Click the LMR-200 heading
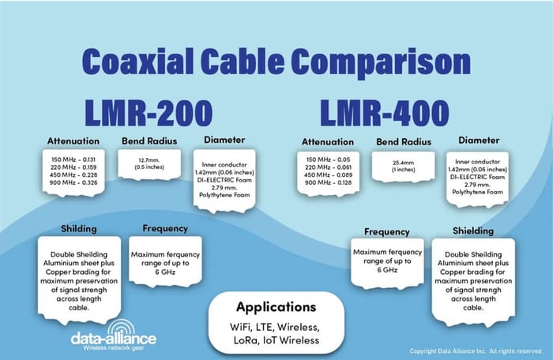pos(149,113)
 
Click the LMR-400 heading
pos(385,113)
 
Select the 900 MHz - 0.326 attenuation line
pos(73,182)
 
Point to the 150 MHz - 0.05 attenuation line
pos(328,159)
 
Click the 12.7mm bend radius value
pos(149,160)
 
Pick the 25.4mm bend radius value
pos(404,163)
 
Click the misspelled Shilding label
pos(79,228)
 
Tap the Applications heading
pos(276,307)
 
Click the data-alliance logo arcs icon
pos(122,327)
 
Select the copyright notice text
pos(476,351)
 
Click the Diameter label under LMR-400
pos(479,141)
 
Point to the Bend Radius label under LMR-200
pos(149,141)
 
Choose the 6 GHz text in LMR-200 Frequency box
pos(165,272)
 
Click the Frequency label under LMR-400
pos(386,232)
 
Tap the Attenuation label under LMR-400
pos(328,142)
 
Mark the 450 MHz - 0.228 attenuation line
pos(73,175)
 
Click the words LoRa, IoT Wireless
pos(276,340)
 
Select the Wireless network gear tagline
pos(114,348)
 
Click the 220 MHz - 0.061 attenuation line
pos(328,167)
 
